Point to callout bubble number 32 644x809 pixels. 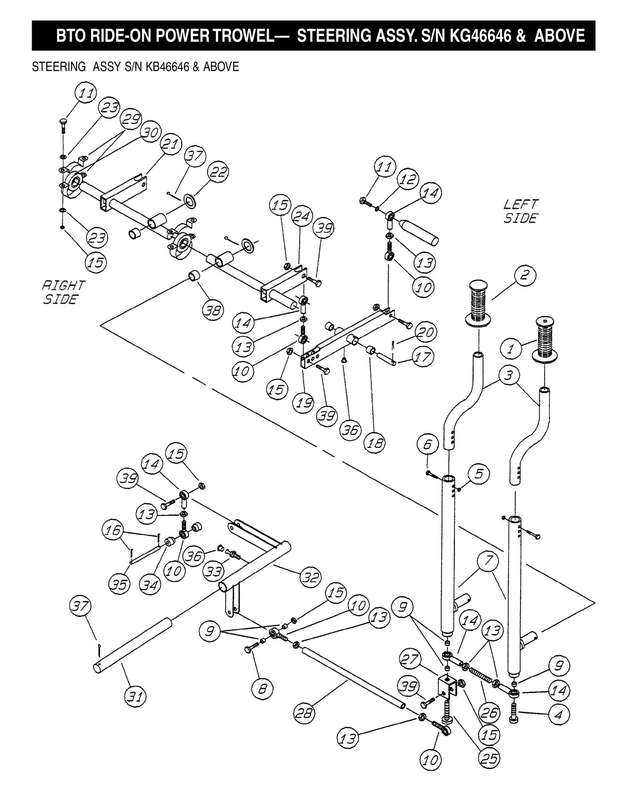(x=310, y=577)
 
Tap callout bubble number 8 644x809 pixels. (x=262, y=689)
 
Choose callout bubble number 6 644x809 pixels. (x=427, y=444)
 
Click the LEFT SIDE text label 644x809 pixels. (x=520, y=211)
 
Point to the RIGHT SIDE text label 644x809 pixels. (x=63, y=292)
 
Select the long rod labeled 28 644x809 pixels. (x=352, y=677)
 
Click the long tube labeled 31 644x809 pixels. (x=134, y=642)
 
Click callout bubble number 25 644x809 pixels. (x=489, y=758)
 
